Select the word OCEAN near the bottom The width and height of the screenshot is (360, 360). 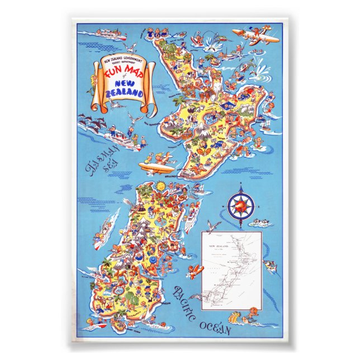pos(215,326)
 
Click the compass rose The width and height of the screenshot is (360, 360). pos(241,206)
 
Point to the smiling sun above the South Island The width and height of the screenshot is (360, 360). pos(161,185)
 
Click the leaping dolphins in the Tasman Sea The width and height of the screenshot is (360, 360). pos(89,120)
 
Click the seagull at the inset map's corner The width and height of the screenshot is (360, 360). pos(213,226)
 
